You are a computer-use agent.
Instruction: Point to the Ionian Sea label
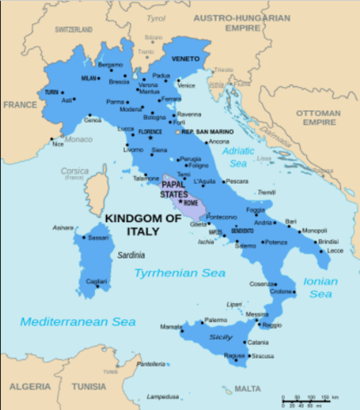319,287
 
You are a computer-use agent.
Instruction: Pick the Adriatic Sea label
239,156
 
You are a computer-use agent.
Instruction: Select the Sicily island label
221,338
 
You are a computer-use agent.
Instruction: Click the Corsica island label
74,171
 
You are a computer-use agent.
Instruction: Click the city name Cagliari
96,281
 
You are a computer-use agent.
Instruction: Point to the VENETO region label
186,59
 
